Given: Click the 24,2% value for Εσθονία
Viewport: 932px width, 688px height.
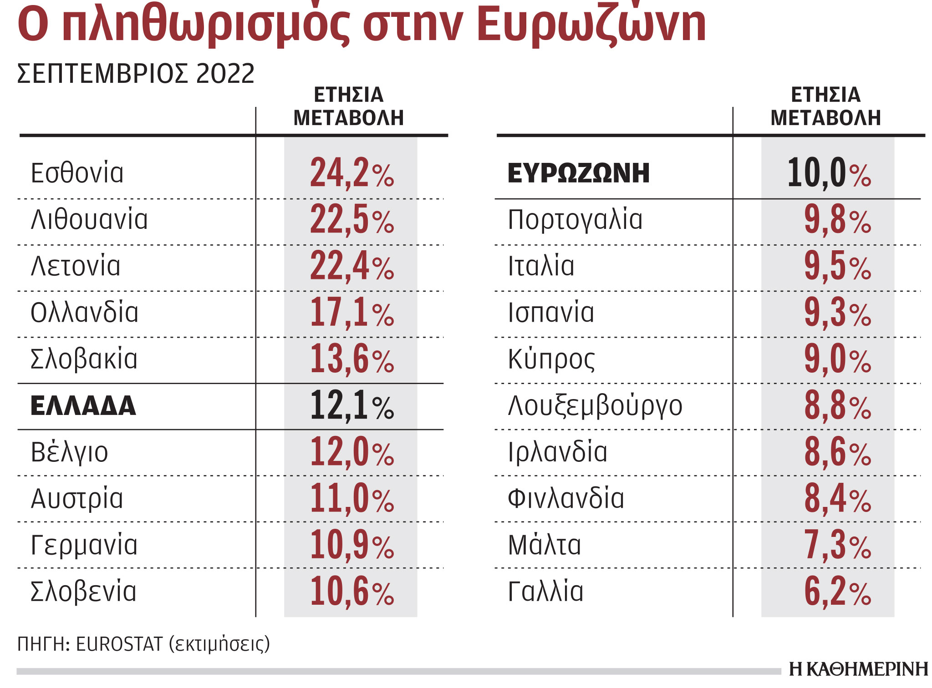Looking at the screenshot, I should (x=351, y=173).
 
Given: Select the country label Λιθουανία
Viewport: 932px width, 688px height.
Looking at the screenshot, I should (x=89, y=219).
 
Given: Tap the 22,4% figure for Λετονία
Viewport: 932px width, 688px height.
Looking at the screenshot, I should (x=351, y=266).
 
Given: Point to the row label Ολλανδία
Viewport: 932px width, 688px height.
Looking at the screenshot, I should (x=84, y=313).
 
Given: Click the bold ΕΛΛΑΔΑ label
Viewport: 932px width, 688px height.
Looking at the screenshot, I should (x=83, y=406).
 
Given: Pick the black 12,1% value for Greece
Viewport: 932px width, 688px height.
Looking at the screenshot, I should (x=351, y=406).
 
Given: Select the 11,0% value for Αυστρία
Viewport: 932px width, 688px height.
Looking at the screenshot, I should (x=351, y=499).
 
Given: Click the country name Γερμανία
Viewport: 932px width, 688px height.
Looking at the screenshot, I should (x=84, y=545).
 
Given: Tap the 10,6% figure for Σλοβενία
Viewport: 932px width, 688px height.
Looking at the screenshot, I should (x=351, y=592).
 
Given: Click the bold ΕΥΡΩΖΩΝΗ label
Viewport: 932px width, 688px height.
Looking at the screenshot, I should (x=578, y=173).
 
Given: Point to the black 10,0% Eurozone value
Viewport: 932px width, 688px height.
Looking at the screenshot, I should (x=829, y=173).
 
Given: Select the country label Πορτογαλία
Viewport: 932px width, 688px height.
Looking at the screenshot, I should (x=575, y=219).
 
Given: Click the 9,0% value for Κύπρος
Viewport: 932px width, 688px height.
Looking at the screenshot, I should (x=837, y=359).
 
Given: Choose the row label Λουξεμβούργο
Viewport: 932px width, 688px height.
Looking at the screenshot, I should (x=595, y=406).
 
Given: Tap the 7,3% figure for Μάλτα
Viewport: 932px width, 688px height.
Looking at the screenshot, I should (x=837, y=545).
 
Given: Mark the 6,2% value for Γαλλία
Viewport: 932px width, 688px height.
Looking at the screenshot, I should (x=837, y=592).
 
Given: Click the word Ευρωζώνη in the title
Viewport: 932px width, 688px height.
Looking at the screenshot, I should (x=592, y=25).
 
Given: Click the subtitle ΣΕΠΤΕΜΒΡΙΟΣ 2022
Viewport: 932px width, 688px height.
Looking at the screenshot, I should (x=136, y=74).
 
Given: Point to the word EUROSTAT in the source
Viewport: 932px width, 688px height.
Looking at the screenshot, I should (x=119, y=644).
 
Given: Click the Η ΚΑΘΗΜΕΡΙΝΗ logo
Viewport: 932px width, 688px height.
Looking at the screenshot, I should (x=858, y=669).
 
